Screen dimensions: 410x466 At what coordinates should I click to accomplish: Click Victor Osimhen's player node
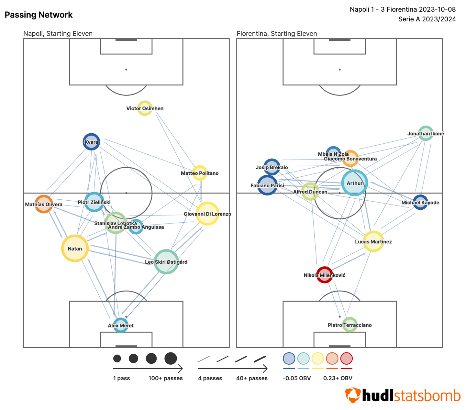pos(145,108)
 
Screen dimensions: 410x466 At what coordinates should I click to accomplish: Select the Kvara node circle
pos(91,142)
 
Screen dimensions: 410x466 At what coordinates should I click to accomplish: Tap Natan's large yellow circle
pos(75,248)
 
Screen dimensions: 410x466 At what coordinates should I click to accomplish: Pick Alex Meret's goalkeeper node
pos(121,325)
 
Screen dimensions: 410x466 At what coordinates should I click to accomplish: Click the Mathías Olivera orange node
pos(44,204)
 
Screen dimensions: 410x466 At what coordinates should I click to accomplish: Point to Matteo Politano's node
pos(200,173)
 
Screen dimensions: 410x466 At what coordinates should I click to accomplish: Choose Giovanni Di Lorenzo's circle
pos(207,214)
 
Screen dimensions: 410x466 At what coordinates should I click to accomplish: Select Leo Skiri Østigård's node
pos(166,261)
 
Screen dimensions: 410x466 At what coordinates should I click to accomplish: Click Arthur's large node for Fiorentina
pos(355,183)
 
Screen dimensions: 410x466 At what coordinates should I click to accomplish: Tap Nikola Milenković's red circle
pos(324,275)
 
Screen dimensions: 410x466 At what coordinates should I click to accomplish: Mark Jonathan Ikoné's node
pos(426,133)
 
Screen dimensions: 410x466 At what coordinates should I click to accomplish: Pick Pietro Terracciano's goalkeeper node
pos(350,325)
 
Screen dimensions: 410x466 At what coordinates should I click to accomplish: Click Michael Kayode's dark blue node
pos(420,202)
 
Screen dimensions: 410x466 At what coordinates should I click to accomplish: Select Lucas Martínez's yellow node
pos(373,241)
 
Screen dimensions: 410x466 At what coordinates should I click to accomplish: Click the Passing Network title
pos(39,15)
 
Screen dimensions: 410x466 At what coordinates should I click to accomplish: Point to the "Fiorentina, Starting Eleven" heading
pos(277,34)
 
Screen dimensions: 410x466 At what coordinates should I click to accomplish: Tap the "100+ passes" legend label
pos(165,378)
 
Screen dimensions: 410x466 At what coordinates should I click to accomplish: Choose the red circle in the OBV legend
pos(346,359)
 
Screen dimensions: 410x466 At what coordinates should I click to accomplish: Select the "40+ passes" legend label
pos(252,378)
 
